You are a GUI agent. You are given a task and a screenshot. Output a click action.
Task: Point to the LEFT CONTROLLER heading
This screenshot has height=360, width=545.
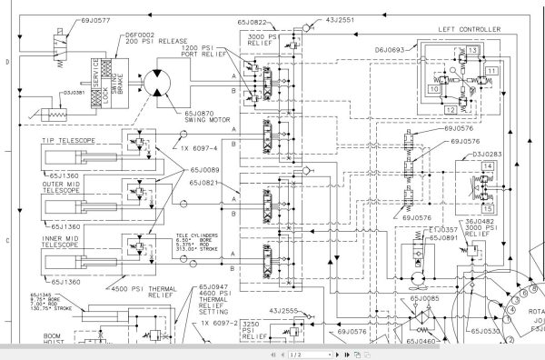470,28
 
